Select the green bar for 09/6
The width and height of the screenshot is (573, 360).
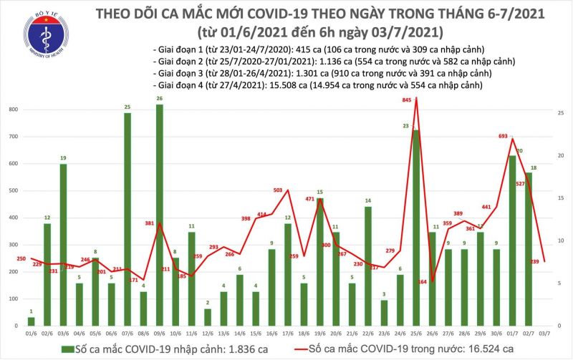click(x=159, y=215)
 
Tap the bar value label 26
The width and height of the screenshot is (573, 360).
click(x=158, y=98)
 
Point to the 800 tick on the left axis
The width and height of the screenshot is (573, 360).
click(x=13, y=110)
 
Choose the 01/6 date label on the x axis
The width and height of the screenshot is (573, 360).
click(x=31, y=334)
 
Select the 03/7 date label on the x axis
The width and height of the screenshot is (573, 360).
click(x=544, y=334)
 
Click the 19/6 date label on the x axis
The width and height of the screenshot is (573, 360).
click(x=319, y=334)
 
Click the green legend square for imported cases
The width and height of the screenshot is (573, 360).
click(x=66, y=349)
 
